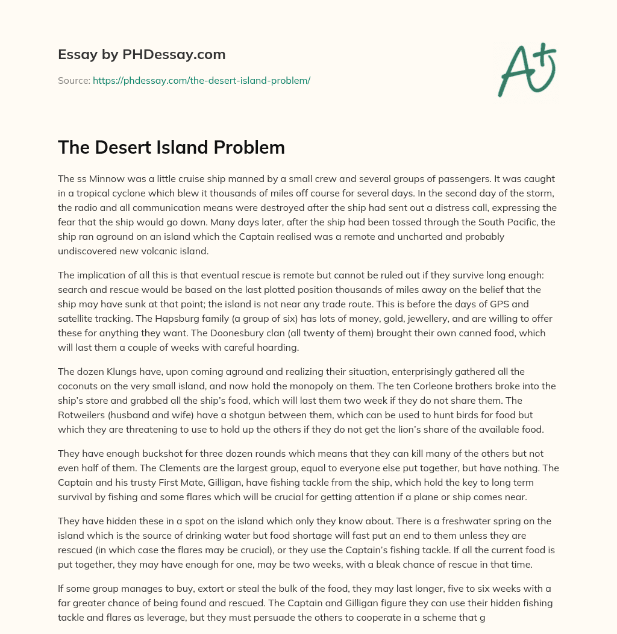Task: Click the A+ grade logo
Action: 526,71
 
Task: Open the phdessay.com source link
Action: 201,80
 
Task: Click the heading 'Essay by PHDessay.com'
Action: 142,55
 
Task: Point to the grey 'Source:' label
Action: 74,80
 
